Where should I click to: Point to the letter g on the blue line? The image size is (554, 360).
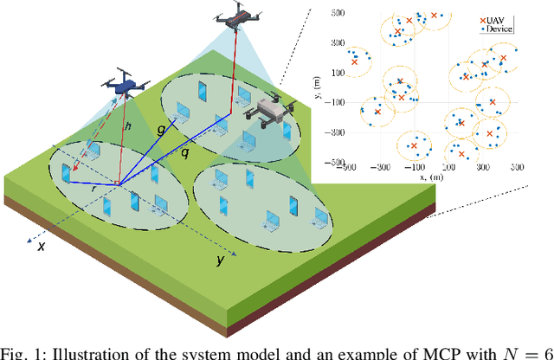click(161, 129)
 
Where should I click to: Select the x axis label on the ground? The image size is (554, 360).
click(41, 246)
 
